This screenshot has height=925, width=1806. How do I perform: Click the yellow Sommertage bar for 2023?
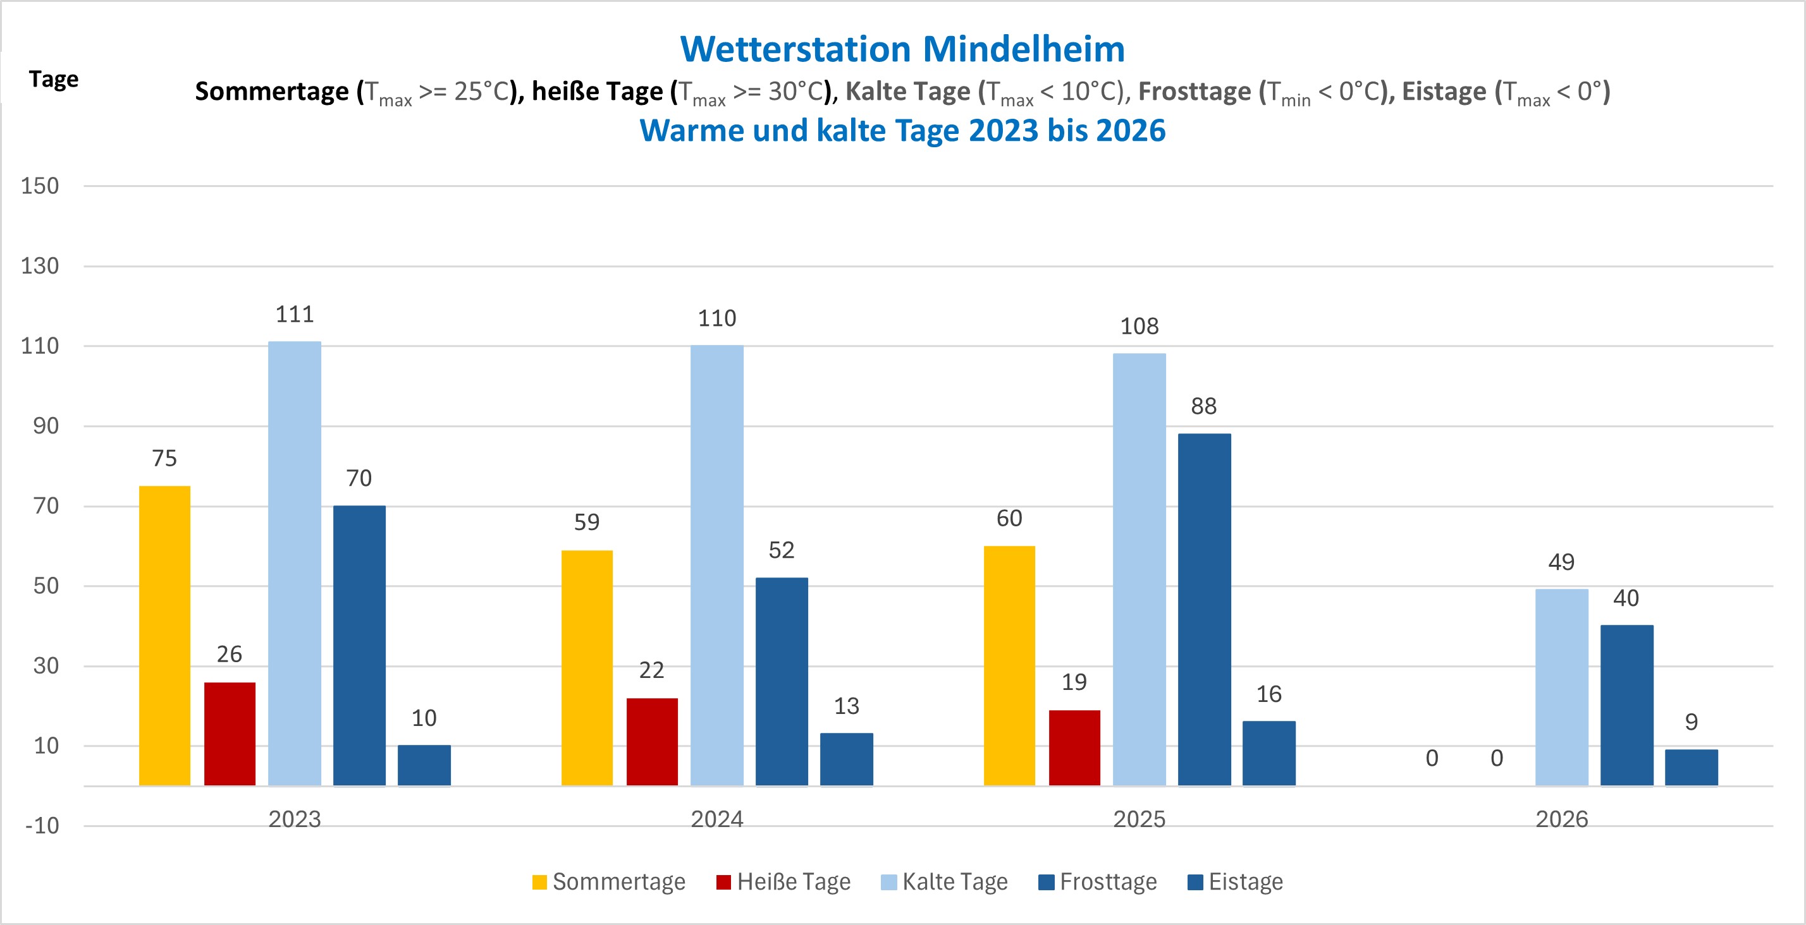(165, 635)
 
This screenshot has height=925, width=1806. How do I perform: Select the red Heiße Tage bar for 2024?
(652, 741)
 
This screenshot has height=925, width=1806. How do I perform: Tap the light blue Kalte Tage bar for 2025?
(1139, 569)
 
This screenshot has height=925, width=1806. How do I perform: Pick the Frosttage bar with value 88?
(1204, 609)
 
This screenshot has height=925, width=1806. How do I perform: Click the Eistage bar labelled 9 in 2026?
(1691, 767)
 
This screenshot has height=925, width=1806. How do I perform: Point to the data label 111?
(295, 315)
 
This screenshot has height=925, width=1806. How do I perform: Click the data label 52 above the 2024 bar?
(782, 551)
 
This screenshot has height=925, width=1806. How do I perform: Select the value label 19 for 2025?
(1074, 682)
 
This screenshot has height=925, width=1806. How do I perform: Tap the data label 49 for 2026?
(1561, 562)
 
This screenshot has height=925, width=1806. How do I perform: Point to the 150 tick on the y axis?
(40, 186)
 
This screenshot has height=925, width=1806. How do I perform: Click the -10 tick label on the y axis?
(42, 826)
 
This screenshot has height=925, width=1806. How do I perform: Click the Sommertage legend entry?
(609, 881)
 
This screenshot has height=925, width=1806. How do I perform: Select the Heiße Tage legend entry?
(784, 881)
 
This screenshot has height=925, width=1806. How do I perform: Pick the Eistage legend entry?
(1236, 881)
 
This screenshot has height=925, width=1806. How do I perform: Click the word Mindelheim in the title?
(1024, 49)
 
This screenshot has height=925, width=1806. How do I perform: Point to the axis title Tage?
(53, 79)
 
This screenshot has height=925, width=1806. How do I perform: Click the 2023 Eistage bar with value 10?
(424, 765)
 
